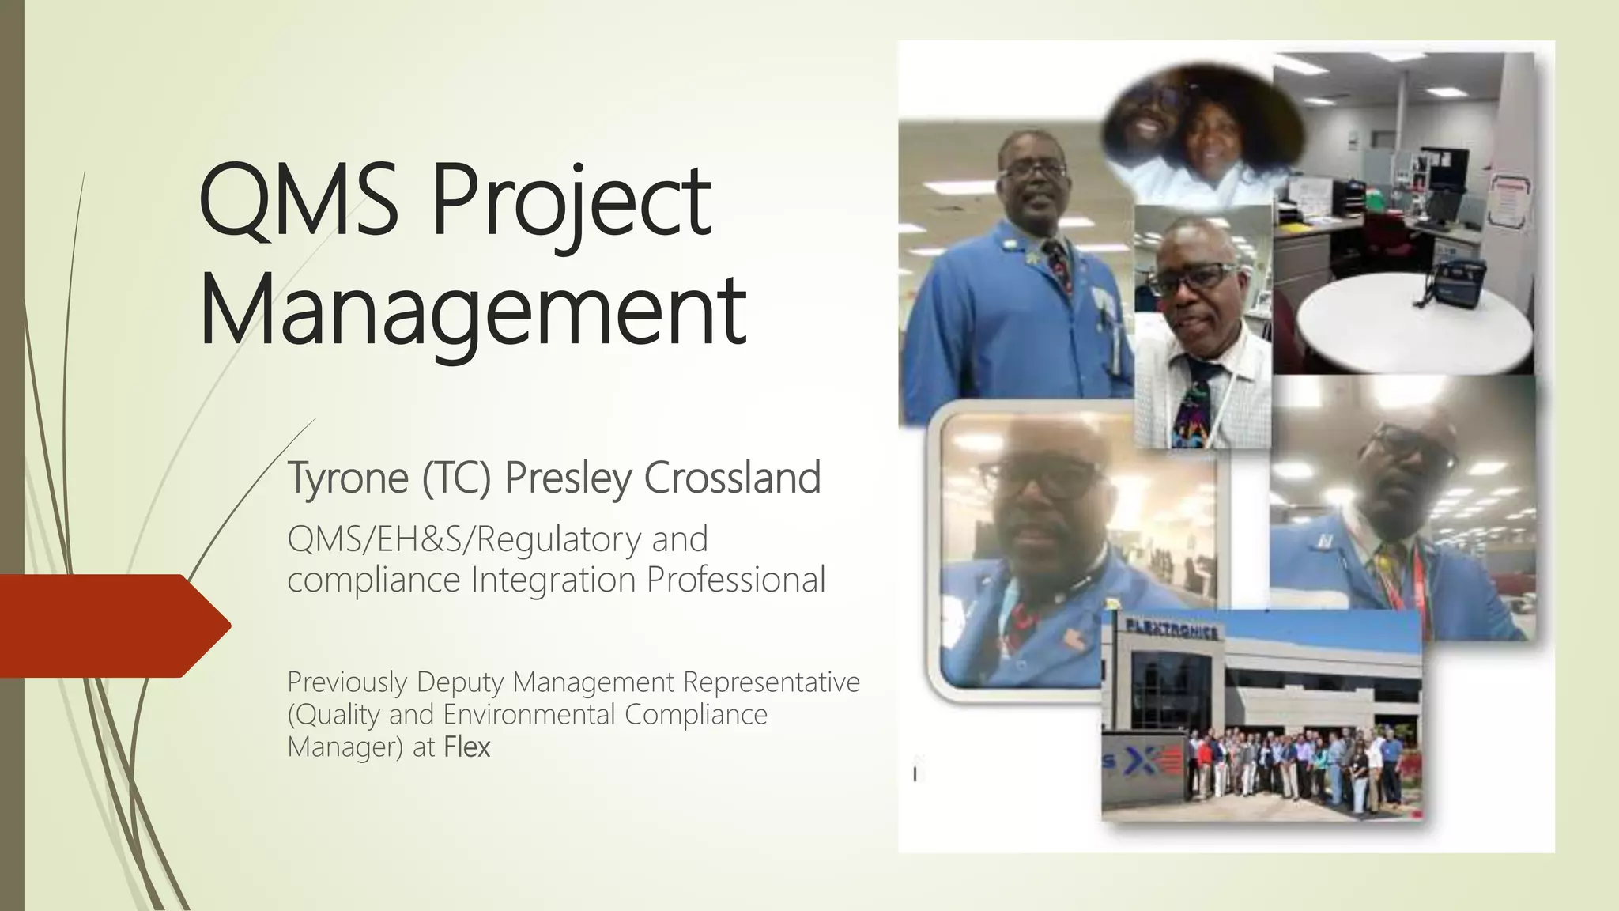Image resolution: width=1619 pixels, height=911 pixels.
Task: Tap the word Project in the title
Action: pyautogui.click(x=571, y=202)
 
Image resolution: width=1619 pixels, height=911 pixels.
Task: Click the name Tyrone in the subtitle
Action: pyautogui.click(x=348, y=478)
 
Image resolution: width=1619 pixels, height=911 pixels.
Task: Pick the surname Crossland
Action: pyautogui.click(x=733, y=478)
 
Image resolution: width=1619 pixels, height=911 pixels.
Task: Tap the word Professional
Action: pyautogui.click(x=736, y=579)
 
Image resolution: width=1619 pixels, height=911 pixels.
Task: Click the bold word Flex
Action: pyautogui.click(x=467, y=747)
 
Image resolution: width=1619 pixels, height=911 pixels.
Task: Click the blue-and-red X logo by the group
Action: pyautogui.click(x=1156, y=762)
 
